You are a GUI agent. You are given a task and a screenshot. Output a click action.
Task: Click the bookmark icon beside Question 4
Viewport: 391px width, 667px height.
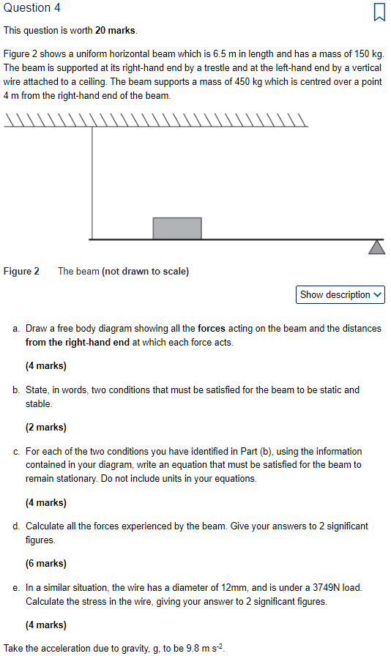(x=379, y=12)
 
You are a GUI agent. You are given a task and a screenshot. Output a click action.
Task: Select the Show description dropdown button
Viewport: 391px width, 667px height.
(x=341, y=295)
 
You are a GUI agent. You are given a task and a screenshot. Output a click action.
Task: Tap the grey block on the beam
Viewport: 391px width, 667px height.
(x=177, y=228)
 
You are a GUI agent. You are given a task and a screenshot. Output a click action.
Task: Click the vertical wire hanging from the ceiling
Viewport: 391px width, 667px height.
(x=92, y=183)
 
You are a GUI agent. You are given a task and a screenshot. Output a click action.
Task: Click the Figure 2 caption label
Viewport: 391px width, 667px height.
(x=22, y=272)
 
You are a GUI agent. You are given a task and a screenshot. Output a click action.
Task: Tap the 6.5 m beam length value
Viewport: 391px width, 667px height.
(x=223, y=54)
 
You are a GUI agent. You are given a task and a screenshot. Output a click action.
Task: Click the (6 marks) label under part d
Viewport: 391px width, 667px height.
(x=46, y=564)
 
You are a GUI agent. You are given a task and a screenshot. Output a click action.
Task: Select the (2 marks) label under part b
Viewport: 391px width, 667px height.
(x=46, y=427)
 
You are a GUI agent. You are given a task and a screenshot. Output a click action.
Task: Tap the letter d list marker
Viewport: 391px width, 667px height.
(x=16, y=526)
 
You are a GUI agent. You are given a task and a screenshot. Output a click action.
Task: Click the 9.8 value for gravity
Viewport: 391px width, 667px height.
(x=186, y=649)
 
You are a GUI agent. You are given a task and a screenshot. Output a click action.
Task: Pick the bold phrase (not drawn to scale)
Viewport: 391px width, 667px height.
(x=145, y=272)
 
